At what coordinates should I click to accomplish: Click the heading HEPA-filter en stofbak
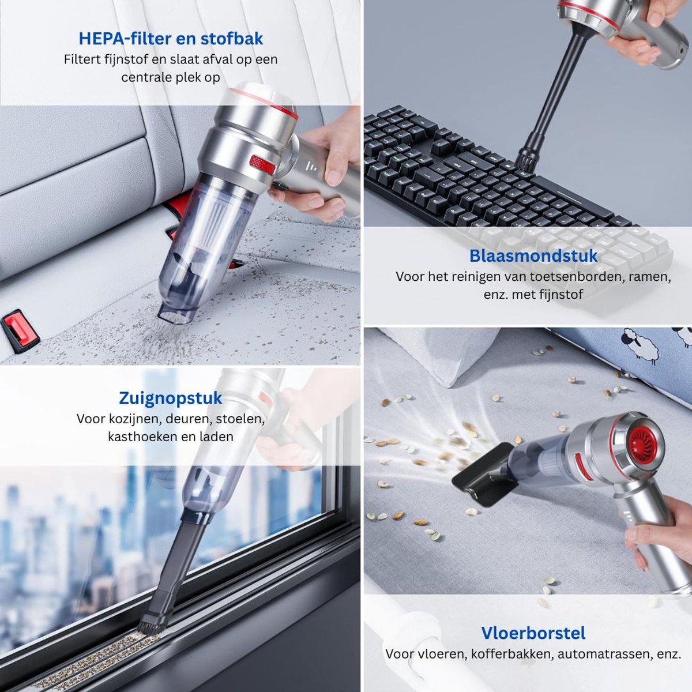pos(171,39)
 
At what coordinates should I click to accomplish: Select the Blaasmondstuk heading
pos(533,256)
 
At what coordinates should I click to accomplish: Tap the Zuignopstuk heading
pos(171,398)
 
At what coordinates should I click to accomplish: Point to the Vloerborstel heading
pos(533,633)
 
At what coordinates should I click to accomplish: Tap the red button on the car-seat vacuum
pos(262,165)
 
